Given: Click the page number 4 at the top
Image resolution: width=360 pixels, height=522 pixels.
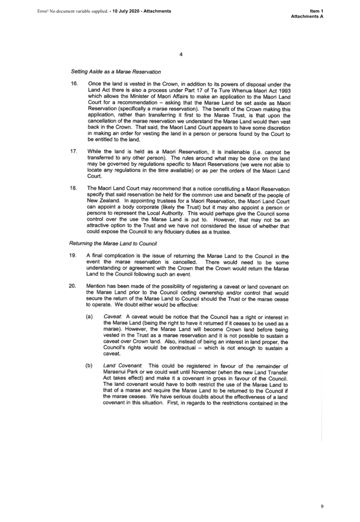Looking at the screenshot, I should (x=181, y=54).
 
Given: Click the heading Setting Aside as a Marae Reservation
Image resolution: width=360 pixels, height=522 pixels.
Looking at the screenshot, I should (x=116, y=72).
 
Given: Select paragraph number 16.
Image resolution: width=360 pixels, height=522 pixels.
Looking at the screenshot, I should (x=74, y=83).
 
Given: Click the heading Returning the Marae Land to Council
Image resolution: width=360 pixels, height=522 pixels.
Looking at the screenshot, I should (x=113, y=243).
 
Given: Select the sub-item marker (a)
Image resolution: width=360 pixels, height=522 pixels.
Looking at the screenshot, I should (x=89, y=317).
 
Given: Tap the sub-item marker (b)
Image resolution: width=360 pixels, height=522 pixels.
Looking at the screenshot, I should (x=89, y=365).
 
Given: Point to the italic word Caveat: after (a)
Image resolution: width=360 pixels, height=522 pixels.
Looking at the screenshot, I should (x=112, y=317).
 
